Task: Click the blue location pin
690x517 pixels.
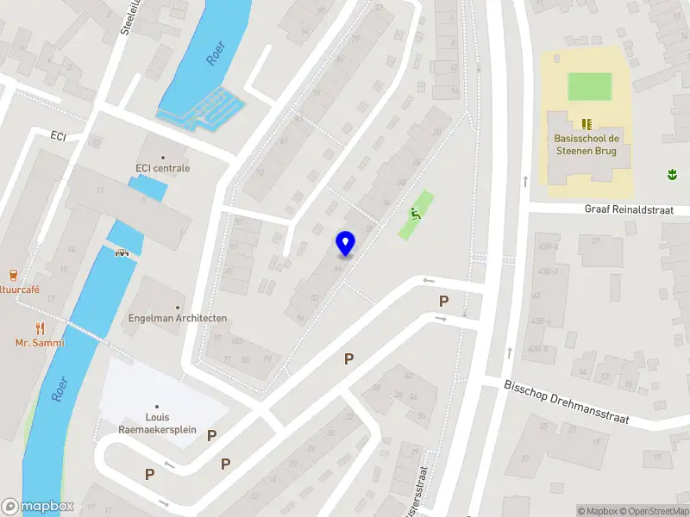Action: pos(346,243)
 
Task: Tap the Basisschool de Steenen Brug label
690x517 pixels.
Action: pos(586,145)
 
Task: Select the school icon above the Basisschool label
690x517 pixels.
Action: pos(586,123)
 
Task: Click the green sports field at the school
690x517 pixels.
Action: pos(589,86)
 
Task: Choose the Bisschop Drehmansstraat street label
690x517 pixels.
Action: pos(567,402)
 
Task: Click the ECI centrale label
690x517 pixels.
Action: pos(162,168)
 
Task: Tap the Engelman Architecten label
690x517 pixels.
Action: pos(178,318)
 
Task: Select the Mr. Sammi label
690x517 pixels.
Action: pos(40,343)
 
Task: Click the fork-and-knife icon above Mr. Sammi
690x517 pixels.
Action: pos(40,327)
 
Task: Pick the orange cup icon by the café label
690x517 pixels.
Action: pos(12,276)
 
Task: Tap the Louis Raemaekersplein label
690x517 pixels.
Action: pos(158,423)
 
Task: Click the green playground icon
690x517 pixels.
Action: pos(415,214)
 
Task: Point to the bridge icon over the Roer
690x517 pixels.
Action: pos(122,252)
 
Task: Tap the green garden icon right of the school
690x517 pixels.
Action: pos(670,175)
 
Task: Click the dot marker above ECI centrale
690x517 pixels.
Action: pos(162,157)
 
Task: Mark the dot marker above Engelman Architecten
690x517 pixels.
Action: pos(179,307)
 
